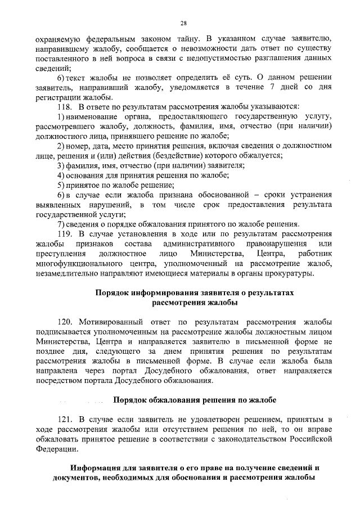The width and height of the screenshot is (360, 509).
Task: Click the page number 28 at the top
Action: (183, 23)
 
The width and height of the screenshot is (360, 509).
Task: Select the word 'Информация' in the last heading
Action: (98, 468)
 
